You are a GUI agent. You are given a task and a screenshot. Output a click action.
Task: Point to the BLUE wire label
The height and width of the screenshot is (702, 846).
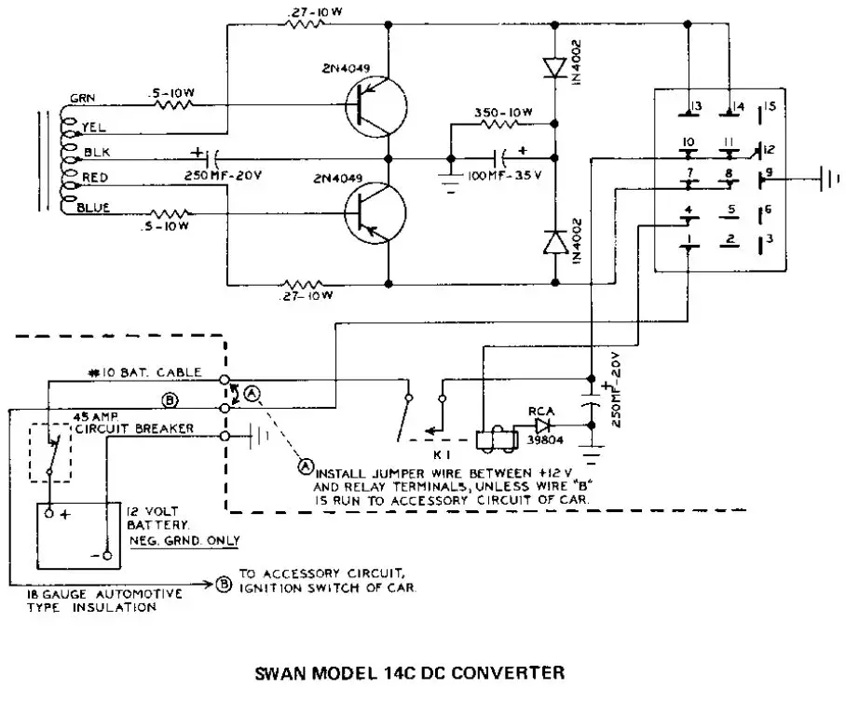(94, 208)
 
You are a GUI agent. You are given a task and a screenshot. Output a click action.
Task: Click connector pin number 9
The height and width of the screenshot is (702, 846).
(769, 172)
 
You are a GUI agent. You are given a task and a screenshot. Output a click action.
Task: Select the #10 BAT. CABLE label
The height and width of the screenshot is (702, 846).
(147, 372)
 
